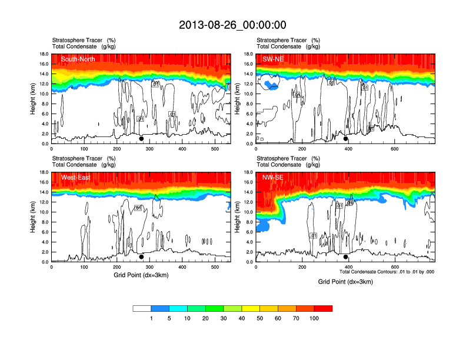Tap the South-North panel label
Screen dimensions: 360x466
coord(78,59)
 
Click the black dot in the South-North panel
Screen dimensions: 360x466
coord(141,139)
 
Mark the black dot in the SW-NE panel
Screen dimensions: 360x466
coord(346,139)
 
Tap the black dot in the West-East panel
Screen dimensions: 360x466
coord(141,256)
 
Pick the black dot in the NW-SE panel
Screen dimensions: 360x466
coord(346,256)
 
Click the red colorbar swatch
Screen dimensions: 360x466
coord(324,308)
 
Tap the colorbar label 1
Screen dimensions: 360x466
coord(151,318)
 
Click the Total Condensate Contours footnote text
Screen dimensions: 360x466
coord(387,272)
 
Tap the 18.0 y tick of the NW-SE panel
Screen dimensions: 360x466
coord(248,172)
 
